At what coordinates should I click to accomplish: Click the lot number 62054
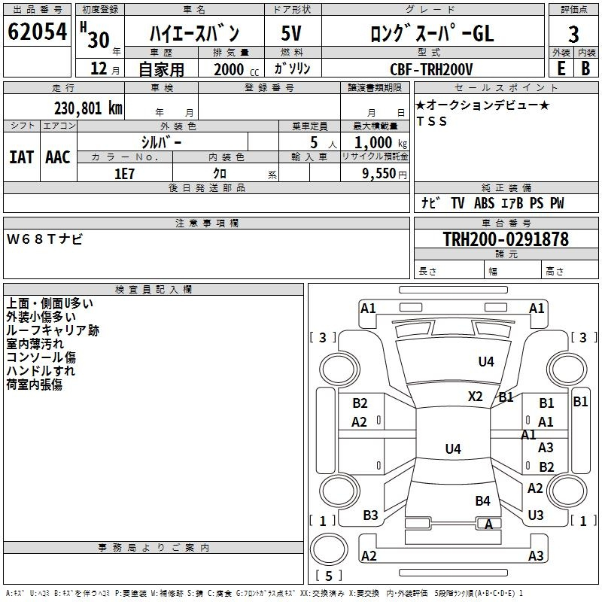click(x=37, y=32)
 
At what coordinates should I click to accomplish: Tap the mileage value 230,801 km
click(x=88, y=108)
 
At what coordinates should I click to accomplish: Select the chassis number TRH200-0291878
click(x=505, y=239)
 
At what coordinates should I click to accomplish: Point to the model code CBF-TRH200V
click(x=431, y=69)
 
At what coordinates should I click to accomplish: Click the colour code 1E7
click(x=124, y=173)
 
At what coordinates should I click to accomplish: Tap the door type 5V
click(x=291, y=33)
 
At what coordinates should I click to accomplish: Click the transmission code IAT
click(x=21, y=157)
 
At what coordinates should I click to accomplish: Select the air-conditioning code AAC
click(x=57, y=157)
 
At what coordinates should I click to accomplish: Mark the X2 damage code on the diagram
click(x=476, y=397)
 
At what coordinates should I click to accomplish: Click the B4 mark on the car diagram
click(x=482, y=500)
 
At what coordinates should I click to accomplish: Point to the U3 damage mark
click(x=536, y=515)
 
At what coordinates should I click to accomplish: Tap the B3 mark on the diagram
click(x=370, y=515)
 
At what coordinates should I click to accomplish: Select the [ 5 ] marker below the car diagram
click(x=328, y=576)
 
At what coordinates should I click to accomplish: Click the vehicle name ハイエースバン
click(x=195, y=33)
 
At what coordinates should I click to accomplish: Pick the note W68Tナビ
click(x=45, y=239)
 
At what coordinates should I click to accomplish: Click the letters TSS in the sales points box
click(x=431, y=122)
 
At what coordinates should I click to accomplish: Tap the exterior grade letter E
click(x=561, y=68)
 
